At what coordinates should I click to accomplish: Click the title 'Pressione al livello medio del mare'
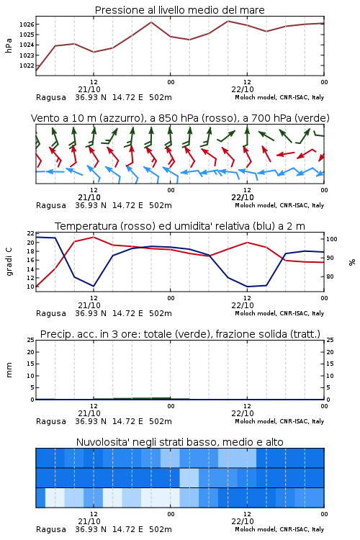pos(179,10)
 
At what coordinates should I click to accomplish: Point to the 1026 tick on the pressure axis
pos(27,24)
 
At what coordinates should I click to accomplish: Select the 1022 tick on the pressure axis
pos(27,66)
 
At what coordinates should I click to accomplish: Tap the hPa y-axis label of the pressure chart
pos(9,45)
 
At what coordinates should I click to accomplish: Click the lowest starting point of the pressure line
pos(36,71)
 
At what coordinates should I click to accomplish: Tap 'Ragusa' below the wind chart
pos(51,206)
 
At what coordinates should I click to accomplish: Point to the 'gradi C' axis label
pos(9,261)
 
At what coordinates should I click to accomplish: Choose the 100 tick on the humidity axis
pos(332,239)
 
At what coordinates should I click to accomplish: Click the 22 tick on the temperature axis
pos(31,233)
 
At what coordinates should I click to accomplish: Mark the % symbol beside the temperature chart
pos(352,262)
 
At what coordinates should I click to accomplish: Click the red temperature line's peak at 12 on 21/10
pos(94,237)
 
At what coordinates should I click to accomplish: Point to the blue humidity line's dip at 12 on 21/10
pos(94,286)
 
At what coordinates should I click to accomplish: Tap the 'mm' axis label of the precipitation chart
pos(9,370)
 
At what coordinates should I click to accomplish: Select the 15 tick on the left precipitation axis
pos(31,364)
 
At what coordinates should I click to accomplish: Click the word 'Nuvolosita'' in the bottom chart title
pos(99,442)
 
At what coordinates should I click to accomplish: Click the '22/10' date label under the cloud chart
pos(243,521)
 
